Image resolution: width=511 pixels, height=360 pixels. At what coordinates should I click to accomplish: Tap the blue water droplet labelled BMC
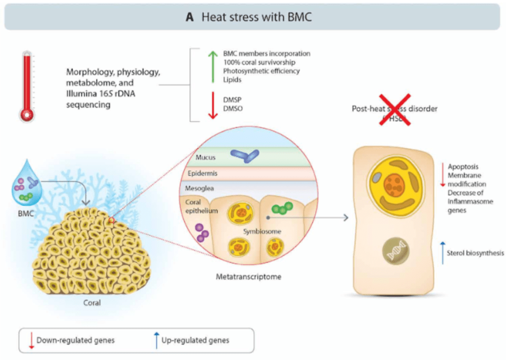[x=26, y=185]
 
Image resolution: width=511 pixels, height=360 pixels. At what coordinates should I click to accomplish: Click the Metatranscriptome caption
[x=248, y=276]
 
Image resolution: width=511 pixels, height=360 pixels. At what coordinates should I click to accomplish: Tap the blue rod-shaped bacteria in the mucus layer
[x=244, y=156]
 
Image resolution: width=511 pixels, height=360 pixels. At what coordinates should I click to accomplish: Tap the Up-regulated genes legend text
[x=195, y=340]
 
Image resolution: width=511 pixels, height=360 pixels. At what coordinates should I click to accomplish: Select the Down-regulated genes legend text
[x=75, y=340]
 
